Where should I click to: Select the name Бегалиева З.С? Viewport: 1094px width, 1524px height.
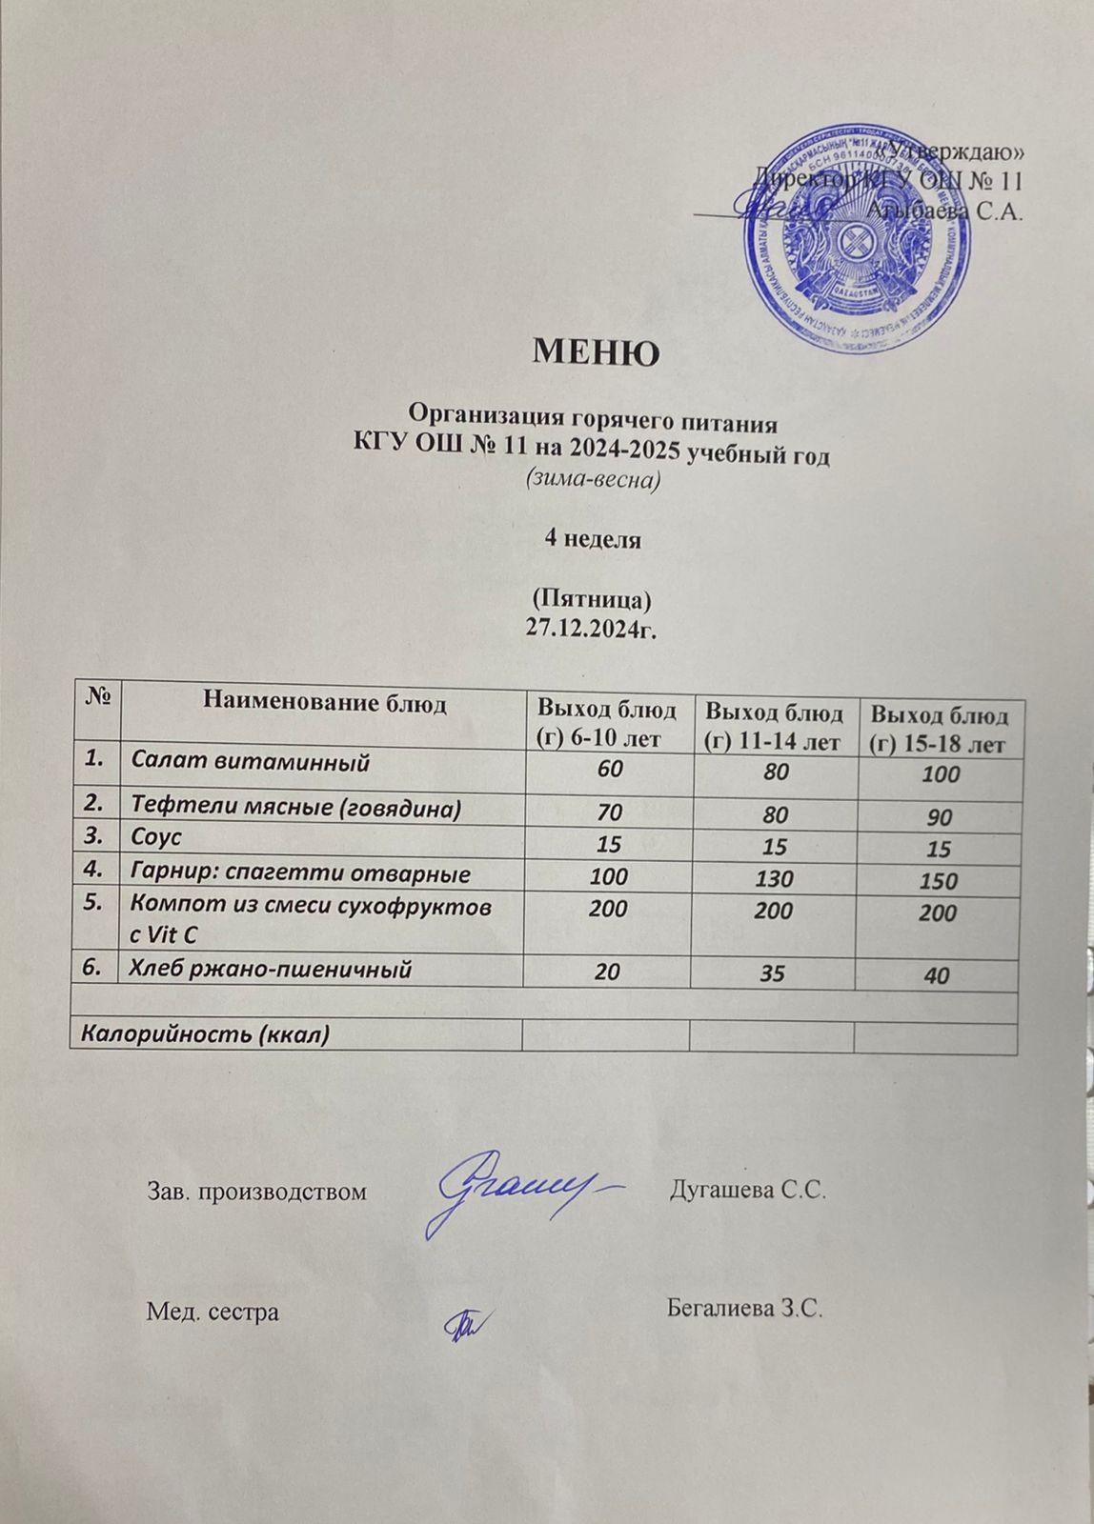click(745, 1311)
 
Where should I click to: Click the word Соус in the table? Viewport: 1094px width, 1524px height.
click(156, 839)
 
